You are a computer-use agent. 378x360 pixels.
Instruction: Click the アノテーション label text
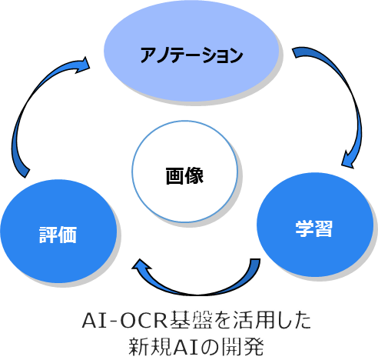191,55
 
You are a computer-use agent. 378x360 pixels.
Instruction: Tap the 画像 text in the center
184,175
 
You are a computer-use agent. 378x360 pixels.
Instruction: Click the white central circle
184,172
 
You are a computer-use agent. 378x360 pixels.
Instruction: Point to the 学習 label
314,228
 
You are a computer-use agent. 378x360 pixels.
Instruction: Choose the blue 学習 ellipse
315,225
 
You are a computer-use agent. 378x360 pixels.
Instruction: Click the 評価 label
58,235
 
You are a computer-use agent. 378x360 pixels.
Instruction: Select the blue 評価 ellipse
58,232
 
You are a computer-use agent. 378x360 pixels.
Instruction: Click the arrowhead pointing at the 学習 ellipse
348,160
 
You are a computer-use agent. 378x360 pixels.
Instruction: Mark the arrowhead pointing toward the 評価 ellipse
141,266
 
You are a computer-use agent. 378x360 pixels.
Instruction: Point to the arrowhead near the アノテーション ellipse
83,65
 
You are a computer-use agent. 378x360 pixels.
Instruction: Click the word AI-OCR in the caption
124,320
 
